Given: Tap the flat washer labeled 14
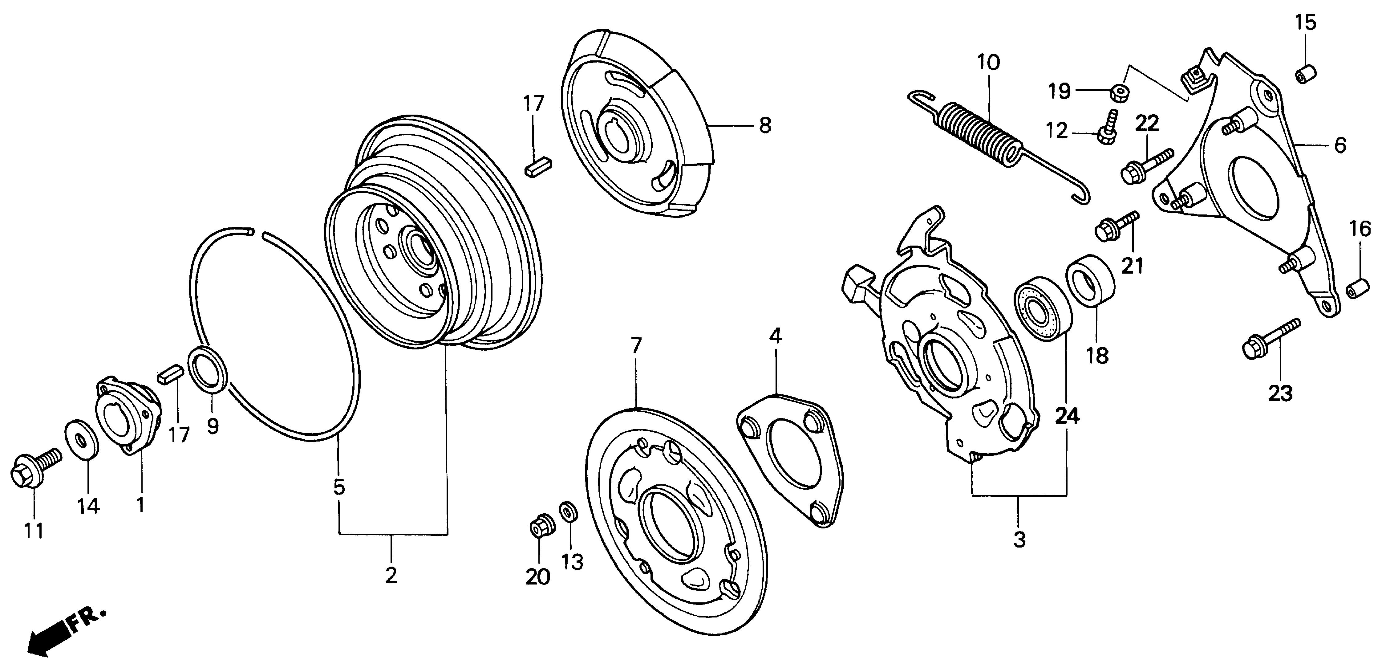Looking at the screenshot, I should click(82, 438).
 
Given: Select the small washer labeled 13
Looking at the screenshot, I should click(568, 511).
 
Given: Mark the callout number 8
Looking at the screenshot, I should click(764, 125).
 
